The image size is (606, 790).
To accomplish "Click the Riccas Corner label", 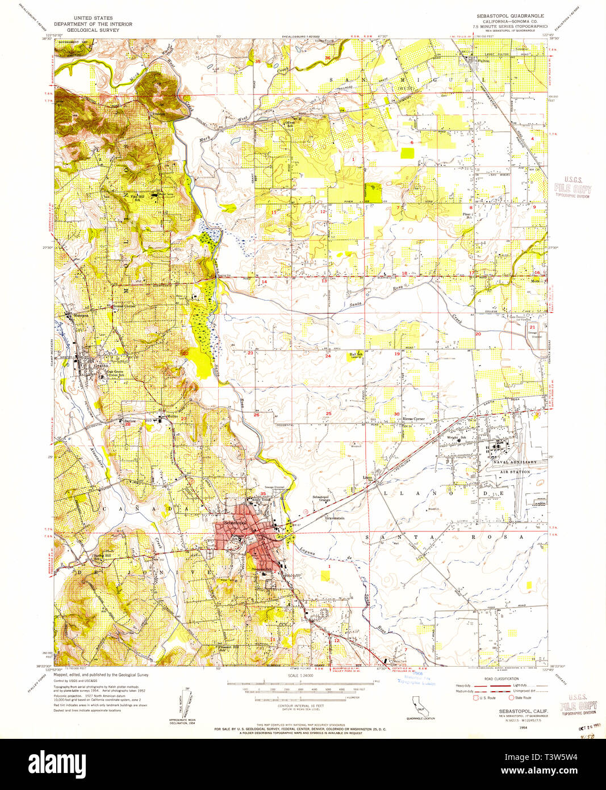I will (x=413, y=419).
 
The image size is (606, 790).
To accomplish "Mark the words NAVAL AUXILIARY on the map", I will (x=514, y=463).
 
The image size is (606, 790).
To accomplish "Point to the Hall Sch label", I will (x=356, y=354).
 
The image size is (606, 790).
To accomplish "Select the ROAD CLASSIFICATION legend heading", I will (x=501, y=679).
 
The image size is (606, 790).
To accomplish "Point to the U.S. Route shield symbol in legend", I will (x=477, y=697).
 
